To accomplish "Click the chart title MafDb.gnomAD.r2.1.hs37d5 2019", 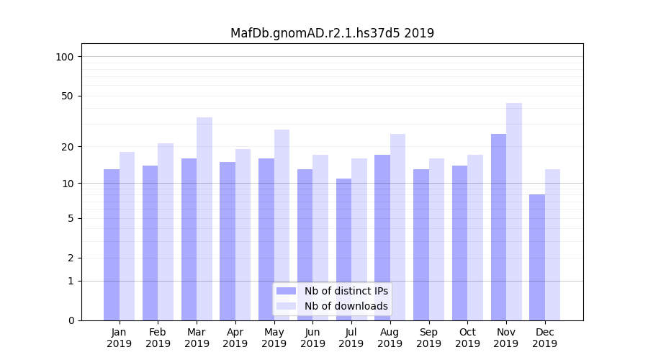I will tap(332, 33).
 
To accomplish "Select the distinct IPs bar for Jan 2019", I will tap(112, 245).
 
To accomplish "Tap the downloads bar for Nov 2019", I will tap(514, 212).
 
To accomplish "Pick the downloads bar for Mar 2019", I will tap(204, 219).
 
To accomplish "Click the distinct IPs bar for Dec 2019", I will tap(537, 257).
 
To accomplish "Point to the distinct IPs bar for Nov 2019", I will tap(498, 227).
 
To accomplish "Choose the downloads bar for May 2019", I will tap(282, 225).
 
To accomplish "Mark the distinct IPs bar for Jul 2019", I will tap(343, 249).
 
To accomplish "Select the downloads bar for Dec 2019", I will tap(553, 245).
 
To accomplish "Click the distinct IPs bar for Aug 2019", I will tap(382, 238).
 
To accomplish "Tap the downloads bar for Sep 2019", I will tap(436, 239).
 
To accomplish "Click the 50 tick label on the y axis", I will tap(68, 96).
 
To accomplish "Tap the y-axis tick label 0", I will tap(71, 320).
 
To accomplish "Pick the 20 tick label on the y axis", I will tap(68, 147).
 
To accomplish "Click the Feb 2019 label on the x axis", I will tap(158, 338).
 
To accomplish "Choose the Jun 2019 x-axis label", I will tap(312, 338).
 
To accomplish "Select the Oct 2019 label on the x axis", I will tap(467, 338).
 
